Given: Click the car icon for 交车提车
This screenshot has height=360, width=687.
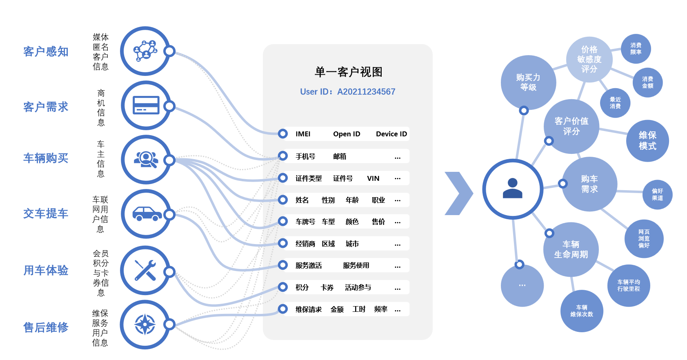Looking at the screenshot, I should point(146,214).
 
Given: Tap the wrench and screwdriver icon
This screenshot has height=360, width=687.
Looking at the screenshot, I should point(145,270).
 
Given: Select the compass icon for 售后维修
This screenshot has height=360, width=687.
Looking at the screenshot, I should point(145,324).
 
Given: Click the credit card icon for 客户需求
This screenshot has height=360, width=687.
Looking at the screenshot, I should point(146,106).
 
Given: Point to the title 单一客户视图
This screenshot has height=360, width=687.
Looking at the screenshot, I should point(348,72).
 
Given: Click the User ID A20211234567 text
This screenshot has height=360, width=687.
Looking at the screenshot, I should point(347,92).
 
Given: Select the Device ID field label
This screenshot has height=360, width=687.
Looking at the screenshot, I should point(391,134).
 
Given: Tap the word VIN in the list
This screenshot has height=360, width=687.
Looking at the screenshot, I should point(373,178).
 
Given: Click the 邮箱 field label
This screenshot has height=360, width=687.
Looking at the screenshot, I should point(340,156).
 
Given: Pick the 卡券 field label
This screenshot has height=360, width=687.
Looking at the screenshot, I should point(327,287).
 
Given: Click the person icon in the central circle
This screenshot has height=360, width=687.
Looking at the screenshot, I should point(513,189).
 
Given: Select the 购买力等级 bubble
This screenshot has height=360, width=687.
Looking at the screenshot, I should point(528,82).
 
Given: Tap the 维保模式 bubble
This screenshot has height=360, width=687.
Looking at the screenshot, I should point(647,141).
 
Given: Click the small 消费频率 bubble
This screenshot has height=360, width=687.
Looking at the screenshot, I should point(636,49).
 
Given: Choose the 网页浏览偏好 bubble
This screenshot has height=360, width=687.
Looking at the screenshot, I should point(644,239).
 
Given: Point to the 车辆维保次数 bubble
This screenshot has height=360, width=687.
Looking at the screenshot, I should point(582,311).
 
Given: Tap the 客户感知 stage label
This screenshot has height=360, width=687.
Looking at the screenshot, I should point(46,52).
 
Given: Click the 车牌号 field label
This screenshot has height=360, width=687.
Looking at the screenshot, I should point(305,222).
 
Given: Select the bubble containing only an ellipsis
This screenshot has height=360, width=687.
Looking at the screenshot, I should point(522,285).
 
